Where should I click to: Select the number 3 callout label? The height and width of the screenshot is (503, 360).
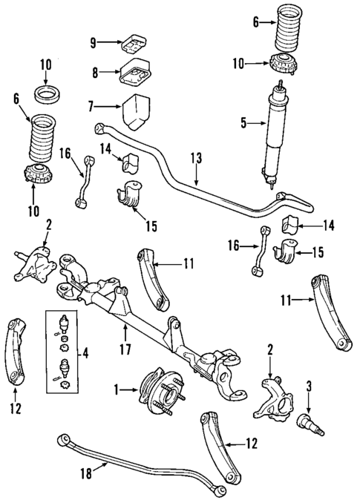tap(309, 386)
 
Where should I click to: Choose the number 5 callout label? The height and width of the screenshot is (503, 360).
tap(243, 122)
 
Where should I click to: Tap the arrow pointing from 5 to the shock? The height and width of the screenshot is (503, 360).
tap(255, 122)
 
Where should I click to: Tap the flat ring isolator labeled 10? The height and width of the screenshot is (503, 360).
tap(47, 96)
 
